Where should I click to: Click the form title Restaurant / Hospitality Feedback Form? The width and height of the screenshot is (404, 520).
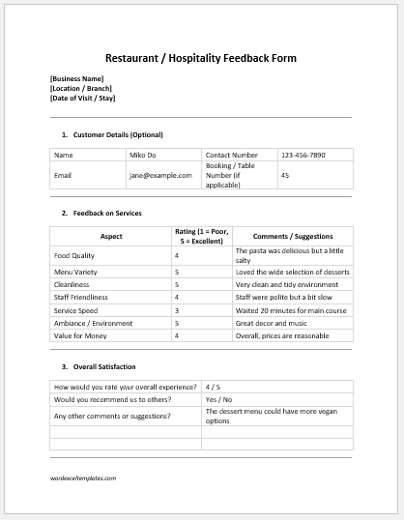[201, 58]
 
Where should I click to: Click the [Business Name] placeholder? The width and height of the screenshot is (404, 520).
[76, 79]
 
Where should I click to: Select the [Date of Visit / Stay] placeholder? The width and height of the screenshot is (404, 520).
[84, 99]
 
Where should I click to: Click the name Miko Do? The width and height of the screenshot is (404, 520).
[143, 155]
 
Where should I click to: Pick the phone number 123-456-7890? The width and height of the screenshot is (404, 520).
[303, 155]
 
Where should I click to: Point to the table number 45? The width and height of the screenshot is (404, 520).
[284, 175]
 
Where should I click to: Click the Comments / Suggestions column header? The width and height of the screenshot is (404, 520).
[292, 236]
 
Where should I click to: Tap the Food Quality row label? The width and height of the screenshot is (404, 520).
[74, 255]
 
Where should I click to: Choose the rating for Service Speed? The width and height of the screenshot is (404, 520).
[177, 310]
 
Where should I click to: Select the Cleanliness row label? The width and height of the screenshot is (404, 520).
[72, 285]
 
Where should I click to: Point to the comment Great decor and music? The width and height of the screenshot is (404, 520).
[272, 323]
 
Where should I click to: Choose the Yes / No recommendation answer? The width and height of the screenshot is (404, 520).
[217, 398]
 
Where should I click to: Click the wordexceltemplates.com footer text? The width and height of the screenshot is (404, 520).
[84, 477]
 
